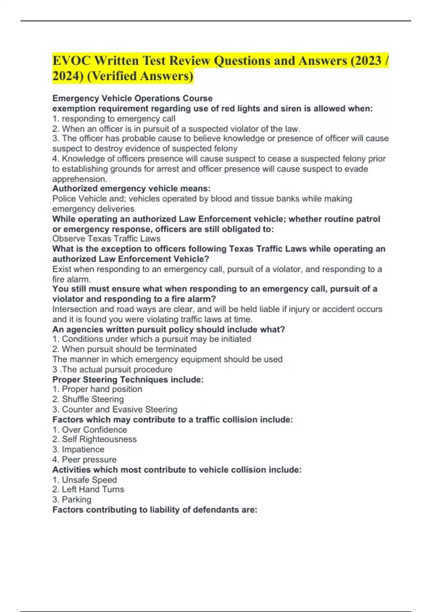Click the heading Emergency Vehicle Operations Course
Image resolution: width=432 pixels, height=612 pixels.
coord(132,98)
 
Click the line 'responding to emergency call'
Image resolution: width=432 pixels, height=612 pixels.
coord(118,119)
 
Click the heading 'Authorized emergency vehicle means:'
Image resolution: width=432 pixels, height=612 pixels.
coord(131,189)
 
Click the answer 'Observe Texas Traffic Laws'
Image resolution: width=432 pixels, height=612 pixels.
coord(106,239)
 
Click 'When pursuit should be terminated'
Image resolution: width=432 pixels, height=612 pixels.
coord(129,349)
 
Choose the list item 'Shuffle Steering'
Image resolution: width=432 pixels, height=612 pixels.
coord(93,399)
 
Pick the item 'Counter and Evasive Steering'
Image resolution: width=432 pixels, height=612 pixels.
coord(119,409)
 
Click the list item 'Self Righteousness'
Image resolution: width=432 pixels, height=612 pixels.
coord(99,439)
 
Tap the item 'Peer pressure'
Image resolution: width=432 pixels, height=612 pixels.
coord(89,460)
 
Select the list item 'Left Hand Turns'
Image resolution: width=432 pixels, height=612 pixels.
coord(93,490)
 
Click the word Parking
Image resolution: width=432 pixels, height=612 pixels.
coord(76,500)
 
